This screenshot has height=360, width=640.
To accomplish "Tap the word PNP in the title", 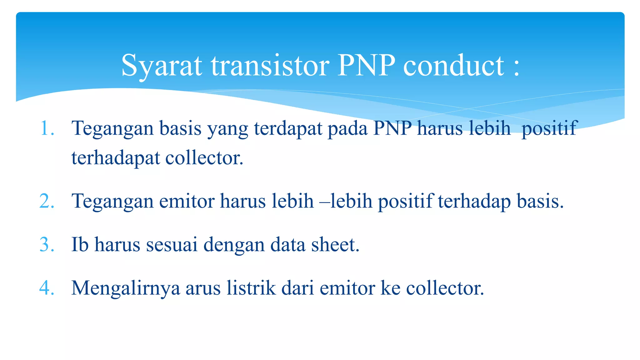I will click(366, 66).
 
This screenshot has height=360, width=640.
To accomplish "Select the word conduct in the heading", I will click(453, 66).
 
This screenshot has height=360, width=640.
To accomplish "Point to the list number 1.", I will click(47, 128).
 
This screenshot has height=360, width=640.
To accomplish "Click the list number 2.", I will click(47, 201).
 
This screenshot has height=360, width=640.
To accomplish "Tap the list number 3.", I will click(47, 245).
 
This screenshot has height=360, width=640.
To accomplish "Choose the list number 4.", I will click(47, 288).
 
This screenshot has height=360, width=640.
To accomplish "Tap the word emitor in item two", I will click(187, 201).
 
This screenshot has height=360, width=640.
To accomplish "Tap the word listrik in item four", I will click(251, 288).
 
